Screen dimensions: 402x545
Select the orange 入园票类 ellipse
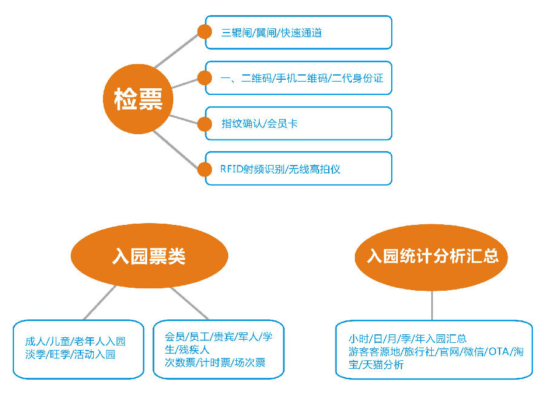149,256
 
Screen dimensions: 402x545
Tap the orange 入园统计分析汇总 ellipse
432,256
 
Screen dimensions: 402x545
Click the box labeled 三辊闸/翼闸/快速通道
298,33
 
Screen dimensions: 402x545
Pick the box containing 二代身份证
298,78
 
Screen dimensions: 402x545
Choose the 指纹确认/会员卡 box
298,123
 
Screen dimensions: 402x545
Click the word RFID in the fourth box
232,169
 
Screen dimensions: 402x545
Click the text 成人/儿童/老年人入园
75,342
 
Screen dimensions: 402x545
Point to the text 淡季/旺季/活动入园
70,355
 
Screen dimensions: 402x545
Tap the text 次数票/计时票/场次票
215,363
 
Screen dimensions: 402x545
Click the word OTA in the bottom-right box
498,352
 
